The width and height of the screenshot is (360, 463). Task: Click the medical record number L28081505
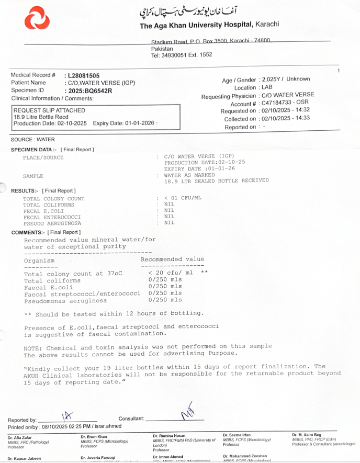(82, 76)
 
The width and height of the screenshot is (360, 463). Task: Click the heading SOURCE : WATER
(32, 140)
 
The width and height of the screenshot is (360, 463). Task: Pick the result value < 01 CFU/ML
(183, 198)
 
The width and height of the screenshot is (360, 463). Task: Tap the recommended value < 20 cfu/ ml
(171, 273)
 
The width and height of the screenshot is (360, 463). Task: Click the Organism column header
(39, 260)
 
